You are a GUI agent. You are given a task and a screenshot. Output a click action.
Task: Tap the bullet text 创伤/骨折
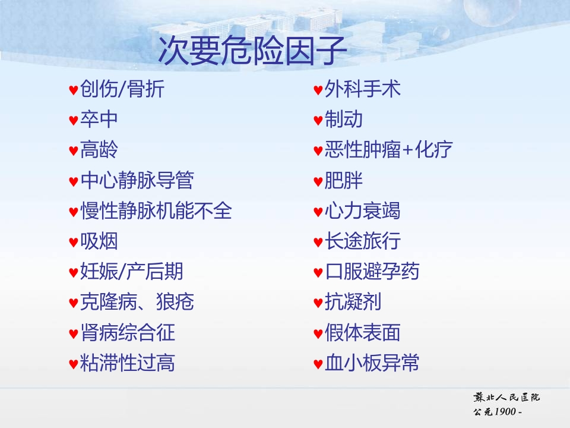[122, 89]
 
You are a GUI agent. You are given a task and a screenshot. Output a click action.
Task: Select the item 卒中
[99, 119]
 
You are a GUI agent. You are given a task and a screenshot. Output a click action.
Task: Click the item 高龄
[99, 150]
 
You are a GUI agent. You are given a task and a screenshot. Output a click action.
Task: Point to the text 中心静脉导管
[137, 180]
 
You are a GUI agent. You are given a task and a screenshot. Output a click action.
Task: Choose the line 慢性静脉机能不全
[156, 210]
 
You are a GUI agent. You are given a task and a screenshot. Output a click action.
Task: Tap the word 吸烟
[99, 241]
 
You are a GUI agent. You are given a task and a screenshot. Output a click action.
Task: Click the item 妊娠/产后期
[132, 272]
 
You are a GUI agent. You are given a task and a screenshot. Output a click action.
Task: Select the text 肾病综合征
[128, 333]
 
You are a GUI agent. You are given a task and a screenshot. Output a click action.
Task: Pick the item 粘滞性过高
[128, 363]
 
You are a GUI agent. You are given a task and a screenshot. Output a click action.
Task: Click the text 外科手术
[362, 89]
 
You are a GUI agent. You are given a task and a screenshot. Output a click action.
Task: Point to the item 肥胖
[344, 180]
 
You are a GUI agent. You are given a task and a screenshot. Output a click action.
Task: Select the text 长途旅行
[362, 241]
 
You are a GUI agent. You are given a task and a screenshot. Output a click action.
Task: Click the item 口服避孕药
[372, 272]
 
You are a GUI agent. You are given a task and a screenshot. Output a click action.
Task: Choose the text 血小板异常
[372, 363]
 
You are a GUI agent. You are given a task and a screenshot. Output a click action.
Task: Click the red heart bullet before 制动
[318, 120]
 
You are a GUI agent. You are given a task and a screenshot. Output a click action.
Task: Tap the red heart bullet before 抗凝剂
[318, 303]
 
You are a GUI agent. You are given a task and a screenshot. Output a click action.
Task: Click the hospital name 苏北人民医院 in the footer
[506, 397]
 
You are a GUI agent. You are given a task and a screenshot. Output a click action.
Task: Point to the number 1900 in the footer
[505, 411]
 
